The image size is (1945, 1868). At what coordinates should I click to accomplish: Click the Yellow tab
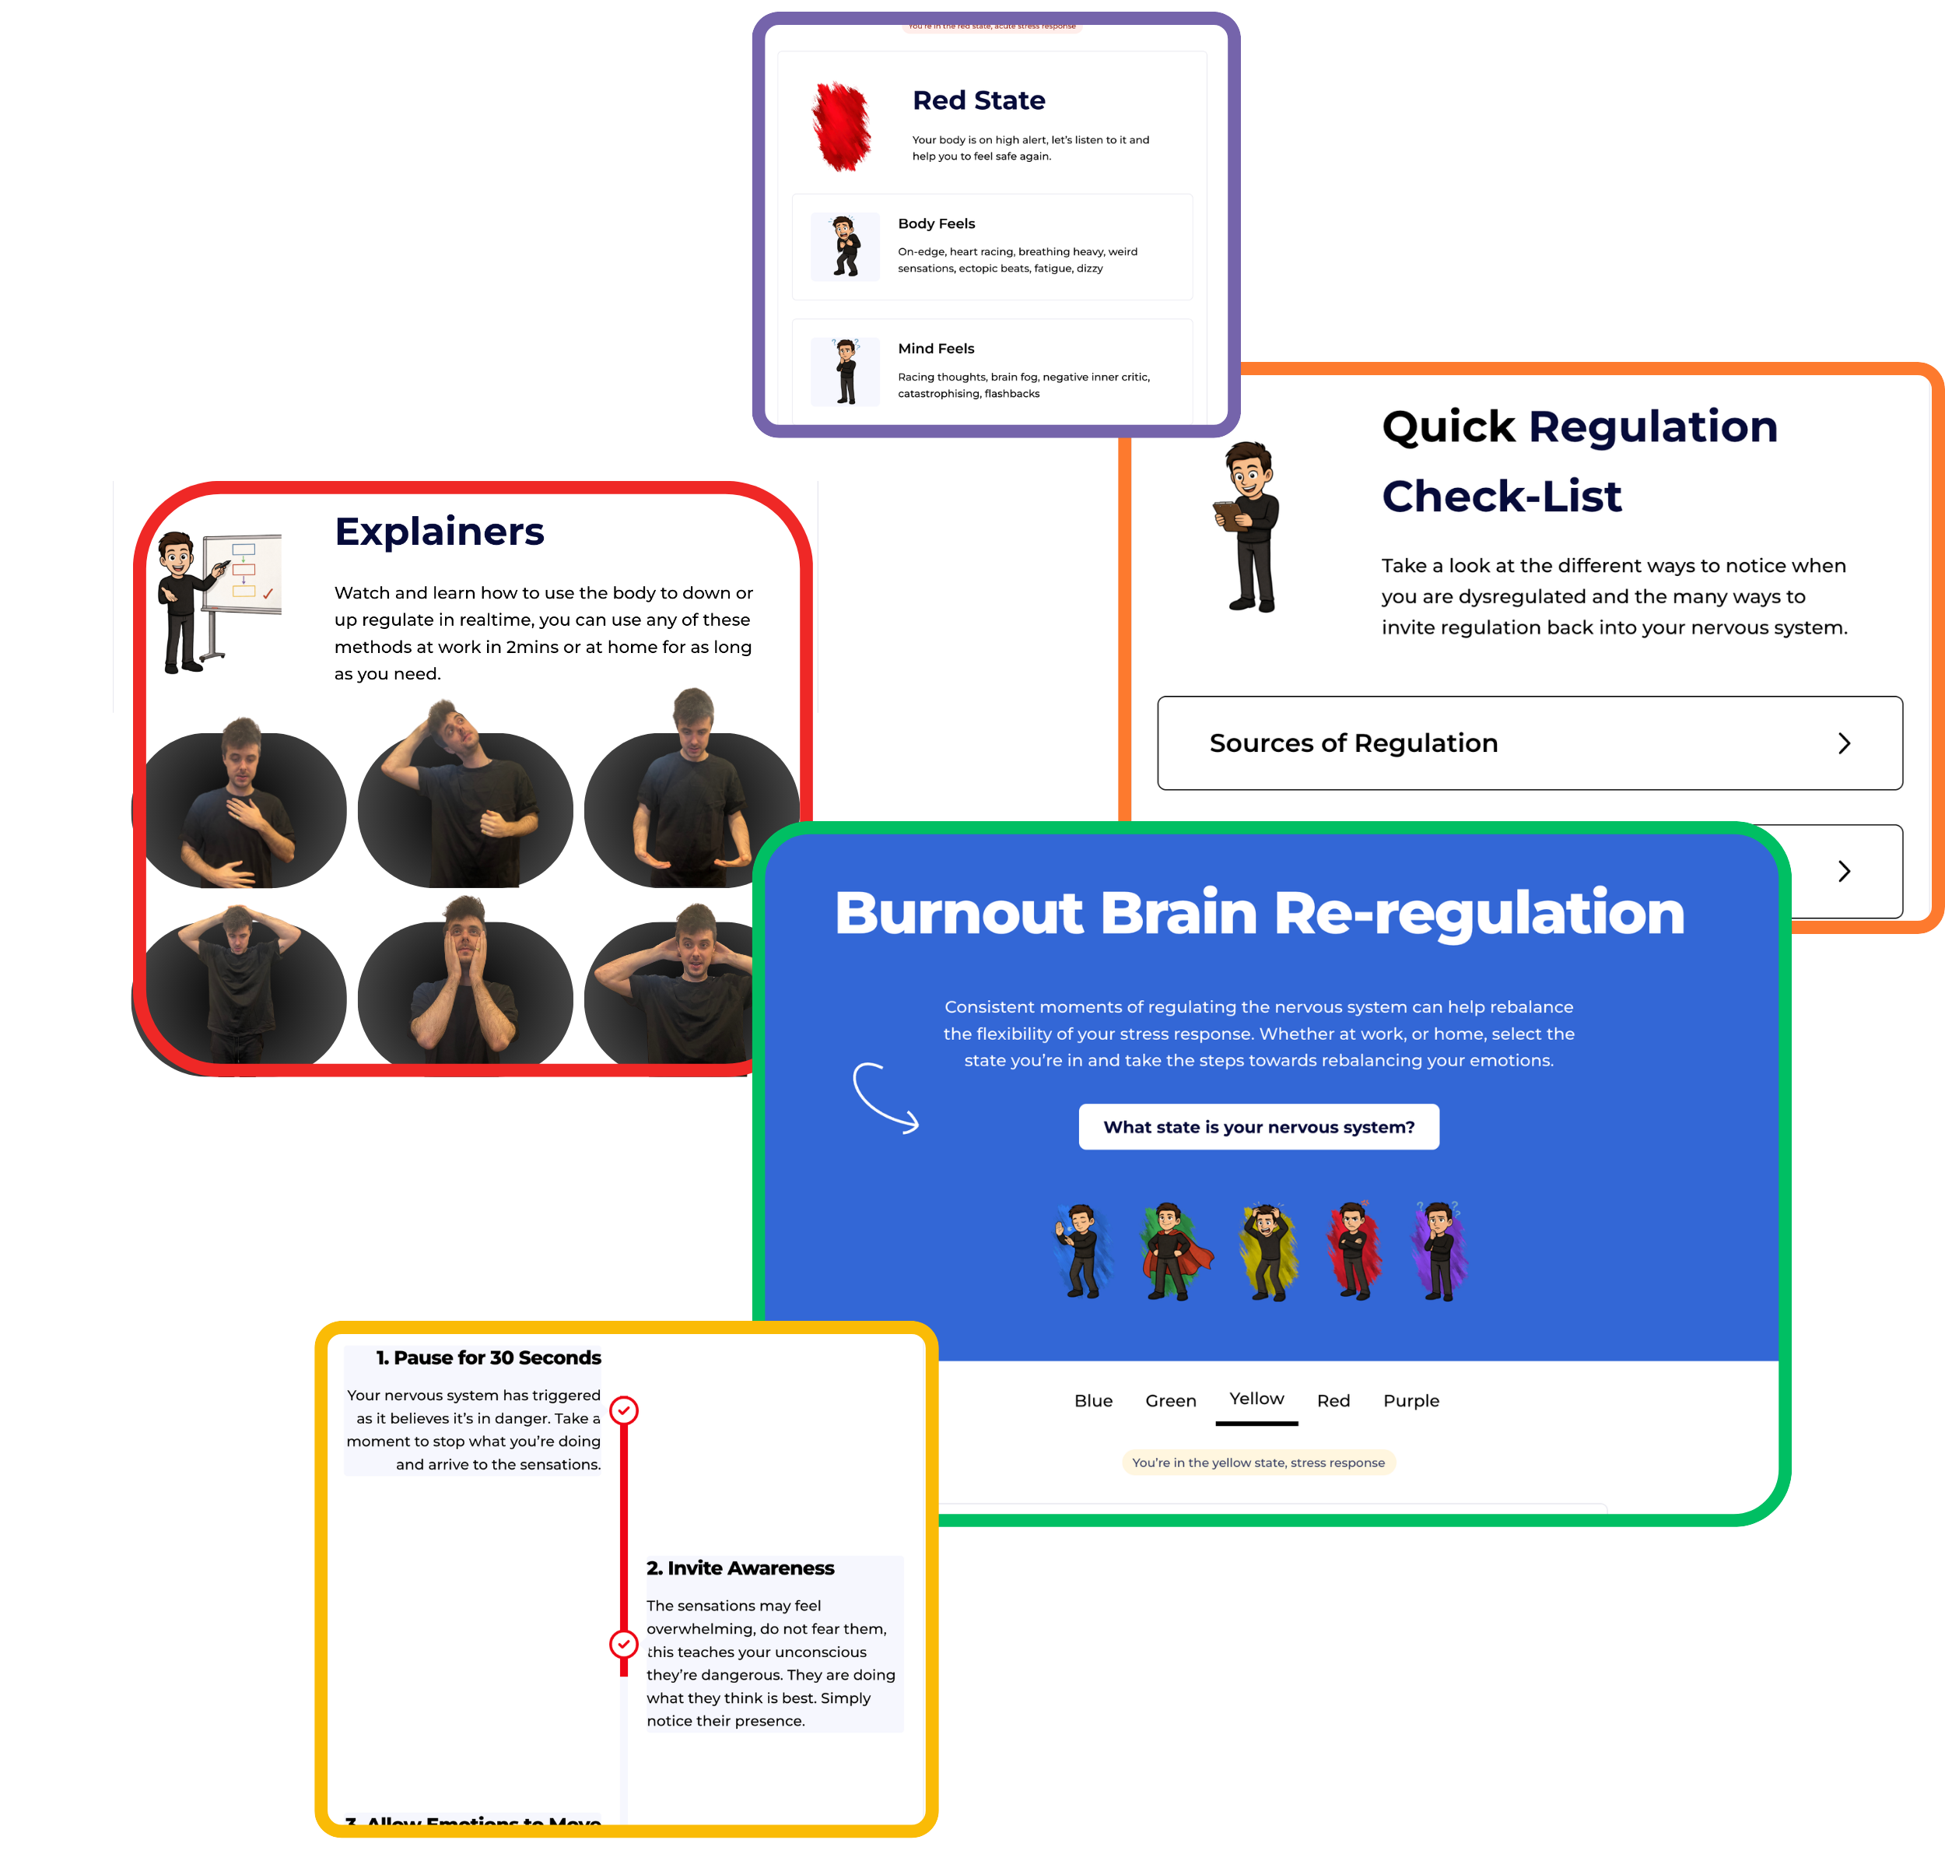tap(1256, 1399)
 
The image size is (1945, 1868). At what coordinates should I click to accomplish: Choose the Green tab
tap(1170, 1400)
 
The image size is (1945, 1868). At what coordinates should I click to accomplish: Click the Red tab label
tap(1333, 1400)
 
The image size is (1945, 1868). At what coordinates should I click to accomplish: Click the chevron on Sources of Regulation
tap(1843, 743)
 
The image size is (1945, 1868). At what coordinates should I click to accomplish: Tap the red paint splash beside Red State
tap(842, 126)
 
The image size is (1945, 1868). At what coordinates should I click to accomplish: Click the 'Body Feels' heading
tap(936, 223)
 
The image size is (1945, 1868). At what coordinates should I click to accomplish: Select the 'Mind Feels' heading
tap(936, 349)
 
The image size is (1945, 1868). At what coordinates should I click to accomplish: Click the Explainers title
tap(439, 532)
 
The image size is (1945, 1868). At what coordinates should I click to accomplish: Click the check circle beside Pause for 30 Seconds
tap(623, 1410)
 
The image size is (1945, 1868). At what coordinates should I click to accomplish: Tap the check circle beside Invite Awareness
tap(623, 1645)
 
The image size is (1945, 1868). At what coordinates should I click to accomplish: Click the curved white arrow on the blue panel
tap(884, 1097)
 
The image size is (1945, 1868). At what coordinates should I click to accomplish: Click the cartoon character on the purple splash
tap(1439, 1251)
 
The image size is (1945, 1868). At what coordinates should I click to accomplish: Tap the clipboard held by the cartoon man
tap(1231, 515)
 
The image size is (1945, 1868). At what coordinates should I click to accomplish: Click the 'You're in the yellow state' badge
tap(1257, 1462)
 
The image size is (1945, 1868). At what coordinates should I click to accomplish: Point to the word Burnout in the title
tap(958, 913)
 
